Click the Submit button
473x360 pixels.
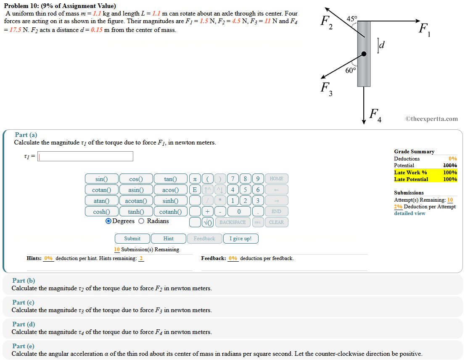click(132, 239)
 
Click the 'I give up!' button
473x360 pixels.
click(240, 239)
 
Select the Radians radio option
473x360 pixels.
click(141, 221)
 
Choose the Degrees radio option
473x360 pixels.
click(109, 221)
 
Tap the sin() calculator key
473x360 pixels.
click(101, 179)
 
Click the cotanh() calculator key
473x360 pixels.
click(170, 212)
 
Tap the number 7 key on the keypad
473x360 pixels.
click(233, 179)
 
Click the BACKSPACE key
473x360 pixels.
click(233, 222)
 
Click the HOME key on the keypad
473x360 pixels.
click(276, 179)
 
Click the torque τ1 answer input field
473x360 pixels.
click(85, 157)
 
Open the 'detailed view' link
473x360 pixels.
click(410, 213)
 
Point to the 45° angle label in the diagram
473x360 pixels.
click(352, 18)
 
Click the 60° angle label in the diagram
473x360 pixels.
click(351, 70)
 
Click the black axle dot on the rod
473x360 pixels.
click(364, 54)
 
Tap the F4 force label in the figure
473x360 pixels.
click(375, 115)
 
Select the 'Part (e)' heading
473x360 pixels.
click(23, 346)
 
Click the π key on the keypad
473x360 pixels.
click(195, 179)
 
